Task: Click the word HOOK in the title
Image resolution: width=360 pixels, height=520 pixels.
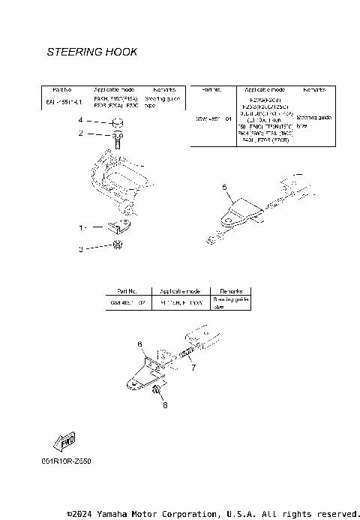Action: pyautogui.click(x=120, y=53)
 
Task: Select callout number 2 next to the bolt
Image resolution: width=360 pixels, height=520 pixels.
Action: pyautogui.click(x=81, y=134)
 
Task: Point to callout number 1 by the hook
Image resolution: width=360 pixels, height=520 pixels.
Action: pyautogui.click(x=83, y=226)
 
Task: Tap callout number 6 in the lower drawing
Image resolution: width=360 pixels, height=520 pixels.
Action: pyautogui.click(x=139, y=344)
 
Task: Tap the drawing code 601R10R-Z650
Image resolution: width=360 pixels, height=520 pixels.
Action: pyautogui.click(x=67, y=461)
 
